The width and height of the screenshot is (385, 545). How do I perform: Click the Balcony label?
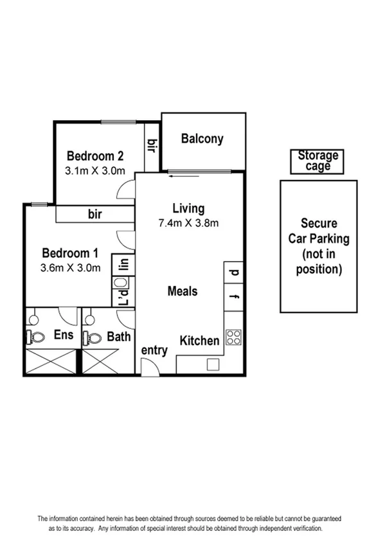[x=202, y=138]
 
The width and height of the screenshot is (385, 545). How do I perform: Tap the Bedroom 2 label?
[x=95, y=156]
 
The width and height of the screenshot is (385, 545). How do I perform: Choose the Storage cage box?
[x=318, y=161]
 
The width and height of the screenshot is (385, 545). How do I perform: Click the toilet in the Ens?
[x=37, y=337]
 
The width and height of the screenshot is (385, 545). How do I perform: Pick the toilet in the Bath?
[x=94, y=337]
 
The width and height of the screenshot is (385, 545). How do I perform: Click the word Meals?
[x=182, y=291]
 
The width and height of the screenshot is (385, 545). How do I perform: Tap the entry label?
[x=154, y=350]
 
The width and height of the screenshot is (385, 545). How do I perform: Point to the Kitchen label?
[x=199, y=341]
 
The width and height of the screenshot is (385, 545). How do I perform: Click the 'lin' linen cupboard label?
[x=124, y=264]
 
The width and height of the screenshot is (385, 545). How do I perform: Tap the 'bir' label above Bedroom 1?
[x=95, y=214]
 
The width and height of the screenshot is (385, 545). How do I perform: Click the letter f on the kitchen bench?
[x=234, y=297]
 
